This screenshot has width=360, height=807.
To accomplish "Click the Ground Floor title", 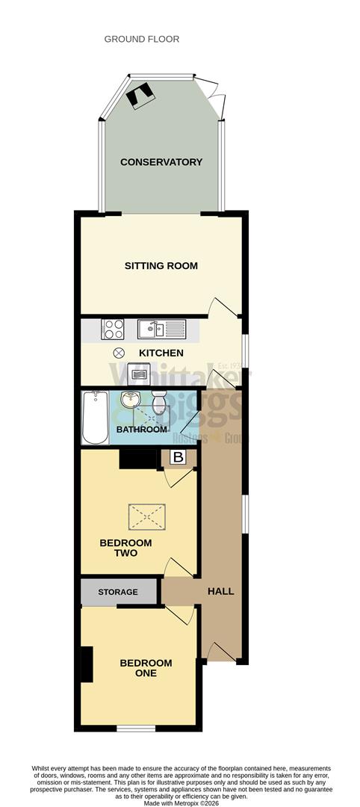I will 142,39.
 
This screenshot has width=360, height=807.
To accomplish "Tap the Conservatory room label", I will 161,162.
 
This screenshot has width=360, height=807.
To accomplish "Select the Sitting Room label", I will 161,265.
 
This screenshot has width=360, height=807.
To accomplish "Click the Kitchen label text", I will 161,353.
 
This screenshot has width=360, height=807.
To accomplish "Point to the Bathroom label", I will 141,430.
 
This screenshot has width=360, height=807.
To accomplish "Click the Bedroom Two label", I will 125,548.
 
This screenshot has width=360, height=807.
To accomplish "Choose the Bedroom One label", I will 146,668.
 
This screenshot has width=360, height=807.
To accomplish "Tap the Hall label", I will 220,591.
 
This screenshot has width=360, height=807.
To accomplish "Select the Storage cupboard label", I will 118,592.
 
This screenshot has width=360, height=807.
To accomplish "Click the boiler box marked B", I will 178,457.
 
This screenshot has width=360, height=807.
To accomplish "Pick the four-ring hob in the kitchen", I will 113,329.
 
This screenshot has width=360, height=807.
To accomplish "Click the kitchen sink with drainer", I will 161,329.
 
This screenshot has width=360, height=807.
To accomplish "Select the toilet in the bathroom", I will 158,405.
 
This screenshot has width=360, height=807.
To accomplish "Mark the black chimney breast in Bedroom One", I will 87,664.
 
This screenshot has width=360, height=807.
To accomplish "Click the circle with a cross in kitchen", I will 117,353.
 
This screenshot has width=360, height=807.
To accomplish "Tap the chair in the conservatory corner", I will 140,93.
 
